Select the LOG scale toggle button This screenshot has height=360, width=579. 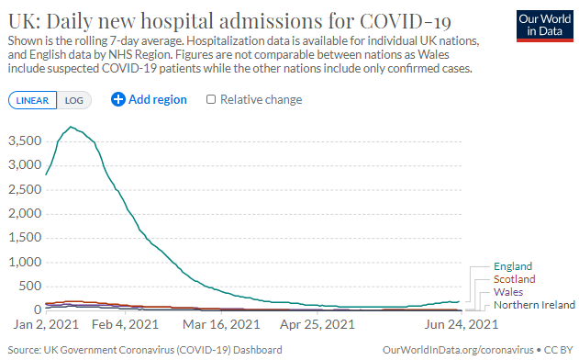click(x=72, y=100)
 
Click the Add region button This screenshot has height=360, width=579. click(x=149, y=99)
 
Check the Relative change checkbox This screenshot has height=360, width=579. click(x=212, y=99)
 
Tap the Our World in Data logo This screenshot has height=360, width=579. click(x=541, y=26)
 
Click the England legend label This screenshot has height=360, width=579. click(x=513, y=266)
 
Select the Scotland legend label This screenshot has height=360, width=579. click(x=514, y=278)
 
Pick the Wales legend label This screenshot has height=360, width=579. click(x=508, y=291)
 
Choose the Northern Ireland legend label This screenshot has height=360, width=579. click(x=534, y=304)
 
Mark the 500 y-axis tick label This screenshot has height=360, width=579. click(x=28, y=286)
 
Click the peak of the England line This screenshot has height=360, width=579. click(x=71, y=127)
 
